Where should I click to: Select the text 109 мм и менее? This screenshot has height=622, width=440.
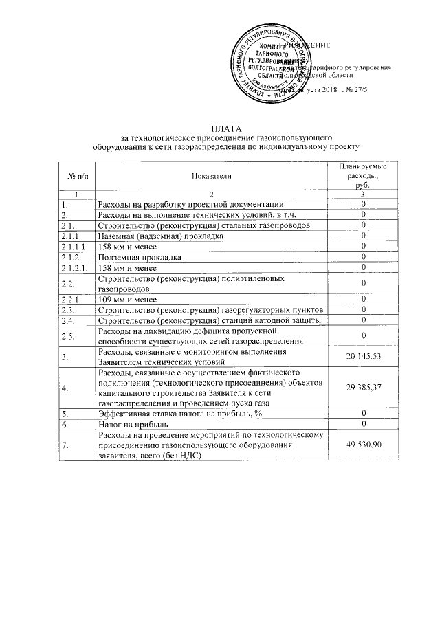click(x=128, y=300)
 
